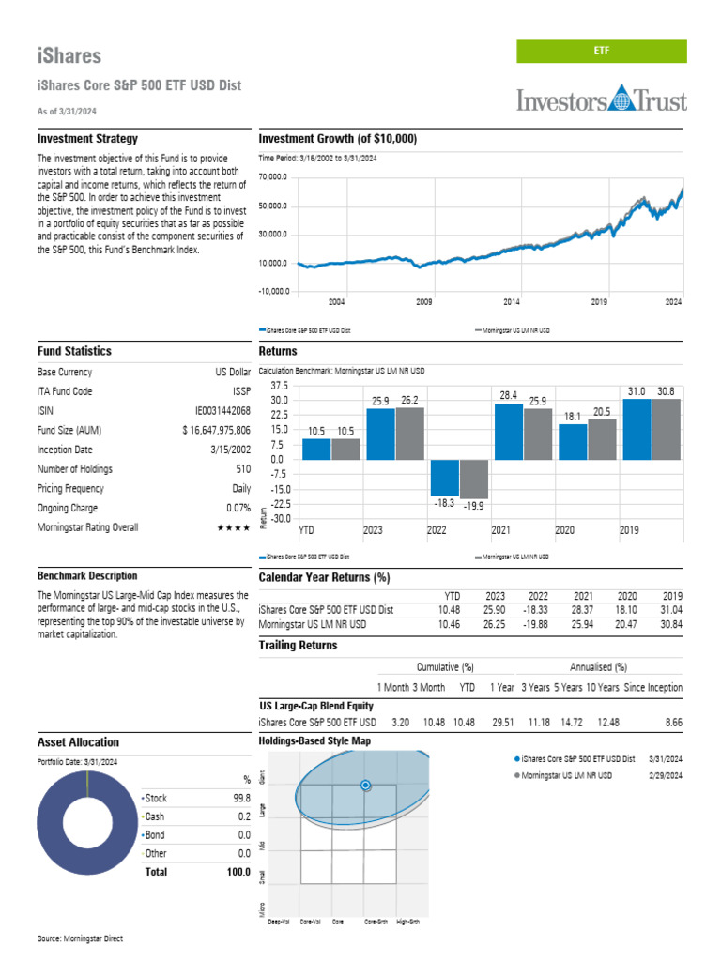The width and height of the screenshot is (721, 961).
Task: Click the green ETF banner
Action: click(601, 53)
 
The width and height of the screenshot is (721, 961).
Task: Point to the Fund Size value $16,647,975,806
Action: click(216, 430)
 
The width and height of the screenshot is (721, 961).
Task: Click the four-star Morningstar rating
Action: click(233, 527)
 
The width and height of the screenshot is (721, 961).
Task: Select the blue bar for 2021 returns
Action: click(508, 432)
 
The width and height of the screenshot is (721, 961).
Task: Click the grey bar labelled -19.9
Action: click(474, 479)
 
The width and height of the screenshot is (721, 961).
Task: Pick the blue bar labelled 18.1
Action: click(573, 442)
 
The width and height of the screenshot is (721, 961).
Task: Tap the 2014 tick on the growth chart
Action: click(512, 302)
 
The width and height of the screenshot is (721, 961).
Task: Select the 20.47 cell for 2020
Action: click(627, 624)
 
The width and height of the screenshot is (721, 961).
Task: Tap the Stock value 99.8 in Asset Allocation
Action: click(241, 798)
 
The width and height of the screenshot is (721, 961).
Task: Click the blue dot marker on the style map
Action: click(366, 786)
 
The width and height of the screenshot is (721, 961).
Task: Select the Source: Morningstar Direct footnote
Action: click(80, 938)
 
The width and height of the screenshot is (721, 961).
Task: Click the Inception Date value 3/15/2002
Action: click(225, 450)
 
